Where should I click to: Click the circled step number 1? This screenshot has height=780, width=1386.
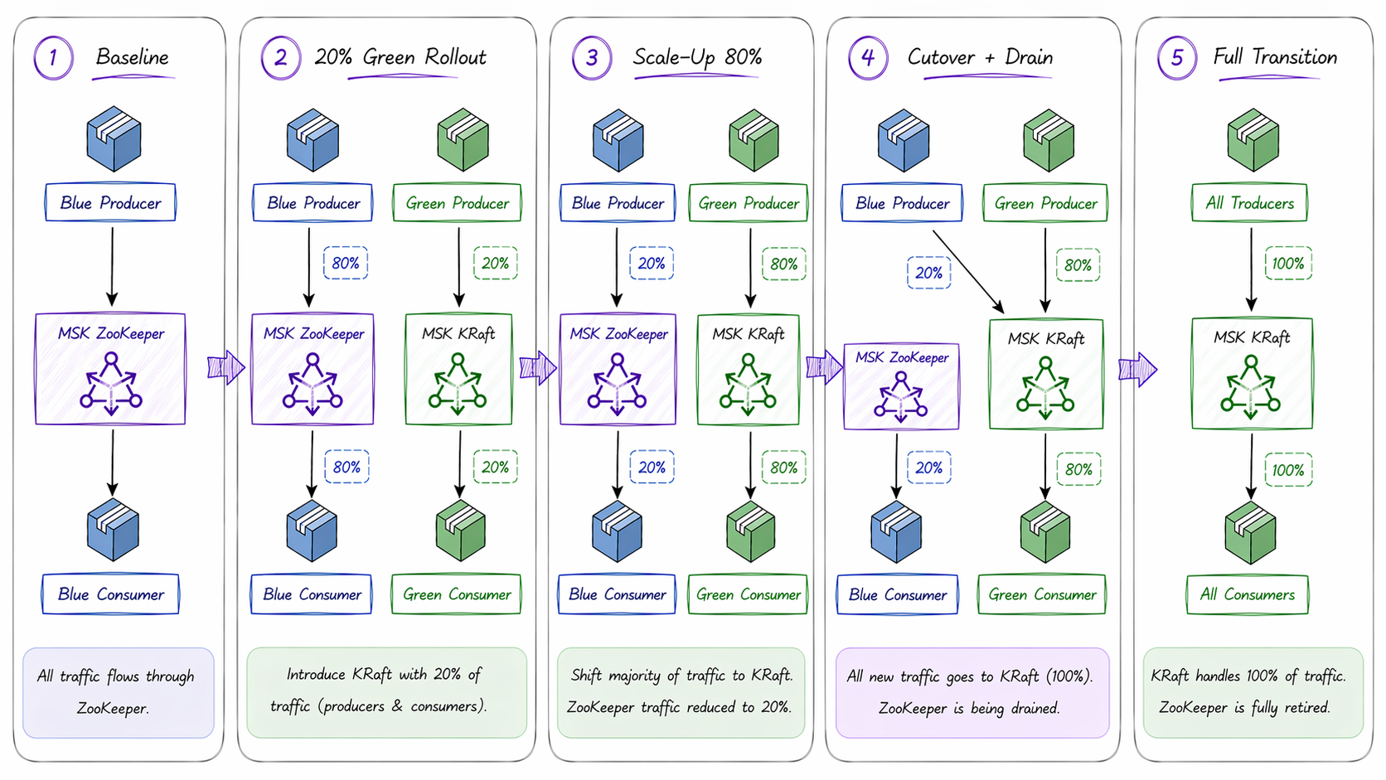coord(53,58)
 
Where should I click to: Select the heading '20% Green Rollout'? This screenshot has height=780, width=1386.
coord(400,57)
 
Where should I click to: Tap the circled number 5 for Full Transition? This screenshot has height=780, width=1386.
coord(1176,58)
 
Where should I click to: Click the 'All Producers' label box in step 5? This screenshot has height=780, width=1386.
coord(1249,203)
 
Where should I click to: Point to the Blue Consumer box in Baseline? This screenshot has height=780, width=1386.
coord(110,594)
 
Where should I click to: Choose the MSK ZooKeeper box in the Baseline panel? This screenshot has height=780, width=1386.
coord(110,369)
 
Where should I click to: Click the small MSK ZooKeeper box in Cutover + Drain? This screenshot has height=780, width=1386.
coord(901,386)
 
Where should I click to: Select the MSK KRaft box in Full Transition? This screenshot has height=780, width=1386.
coord(1252,373)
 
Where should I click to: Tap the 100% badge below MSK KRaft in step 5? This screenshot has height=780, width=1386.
coord(1287,470)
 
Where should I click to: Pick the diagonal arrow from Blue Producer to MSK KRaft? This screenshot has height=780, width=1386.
coord(968,271)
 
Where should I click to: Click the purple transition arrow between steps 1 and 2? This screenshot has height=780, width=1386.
coord(225,366)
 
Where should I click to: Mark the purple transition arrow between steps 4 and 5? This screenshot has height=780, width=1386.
coord(1137,369)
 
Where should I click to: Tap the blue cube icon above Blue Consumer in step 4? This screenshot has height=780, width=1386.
coord(896,531)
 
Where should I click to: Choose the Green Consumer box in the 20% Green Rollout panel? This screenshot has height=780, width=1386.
coord(456,594)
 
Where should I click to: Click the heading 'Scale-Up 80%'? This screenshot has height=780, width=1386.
coord(696,57)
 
